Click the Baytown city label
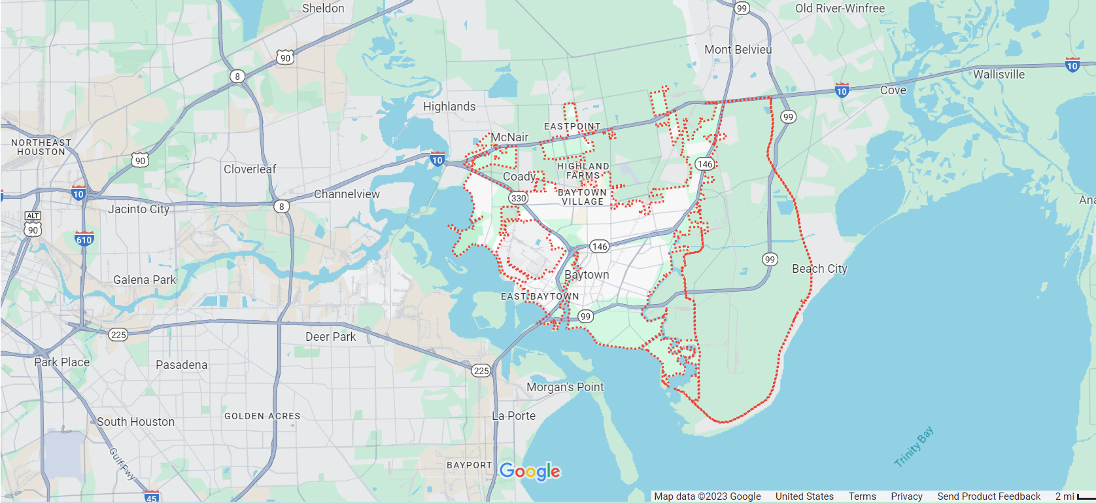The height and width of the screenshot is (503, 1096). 587,275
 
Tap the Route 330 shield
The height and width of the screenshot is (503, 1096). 519,198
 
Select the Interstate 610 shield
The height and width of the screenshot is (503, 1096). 84,239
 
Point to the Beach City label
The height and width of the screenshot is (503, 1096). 819,269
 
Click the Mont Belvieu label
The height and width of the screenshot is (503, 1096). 738,50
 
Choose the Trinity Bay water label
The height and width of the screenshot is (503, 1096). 914,447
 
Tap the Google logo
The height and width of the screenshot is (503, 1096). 530,471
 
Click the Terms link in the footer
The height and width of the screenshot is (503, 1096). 862,496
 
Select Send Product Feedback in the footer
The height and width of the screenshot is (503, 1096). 988,496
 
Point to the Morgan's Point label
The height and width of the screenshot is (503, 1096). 565,387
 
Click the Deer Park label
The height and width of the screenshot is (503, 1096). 330,337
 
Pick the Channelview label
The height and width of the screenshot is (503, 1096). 347,194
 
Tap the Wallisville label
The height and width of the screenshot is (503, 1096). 999,75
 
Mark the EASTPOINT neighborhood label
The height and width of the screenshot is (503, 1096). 572,126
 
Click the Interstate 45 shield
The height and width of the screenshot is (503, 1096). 152,497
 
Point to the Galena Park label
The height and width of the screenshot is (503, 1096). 145,280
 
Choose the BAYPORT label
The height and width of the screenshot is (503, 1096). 469,465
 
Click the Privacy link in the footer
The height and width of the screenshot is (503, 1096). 906,496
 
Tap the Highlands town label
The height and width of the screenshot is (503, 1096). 449,107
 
